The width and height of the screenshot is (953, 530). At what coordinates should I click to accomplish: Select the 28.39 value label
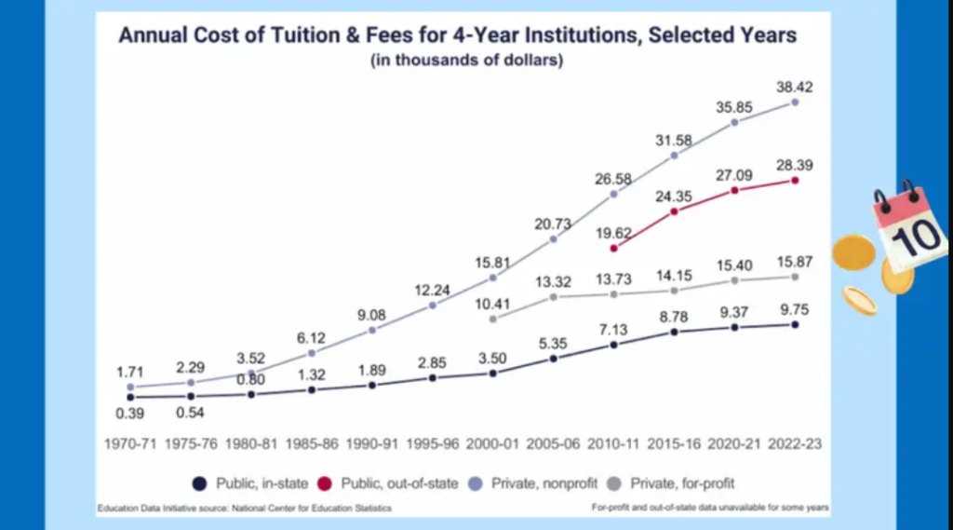click(794, 164)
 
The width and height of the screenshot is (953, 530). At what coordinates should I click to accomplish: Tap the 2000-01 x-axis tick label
click(492, 443)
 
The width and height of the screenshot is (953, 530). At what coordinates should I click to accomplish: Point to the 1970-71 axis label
click(129, 443)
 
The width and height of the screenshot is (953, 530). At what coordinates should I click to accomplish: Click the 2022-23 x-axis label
click(795, 443)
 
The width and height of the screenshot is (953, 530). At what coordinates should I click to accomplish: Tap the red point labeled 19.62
click(613, 248)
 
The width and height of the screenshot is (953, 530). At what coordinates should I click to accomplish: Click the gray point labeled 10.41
click(492, 319)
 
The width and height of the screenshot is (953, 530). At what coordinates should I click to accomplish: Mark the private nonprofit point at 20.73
click(553, 239)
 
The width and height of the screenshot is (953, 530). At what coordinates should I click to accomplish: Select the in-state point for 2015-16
click(674, 332)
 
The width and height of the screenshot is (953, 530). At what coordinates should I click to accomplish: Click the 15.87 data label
click(794, 260)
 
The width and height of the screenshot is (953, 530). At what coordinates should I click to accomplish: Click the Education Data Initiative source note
click(244, 508)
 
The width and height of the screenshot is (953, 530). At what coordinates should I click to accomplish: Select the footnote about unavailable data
click(709, 508)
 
